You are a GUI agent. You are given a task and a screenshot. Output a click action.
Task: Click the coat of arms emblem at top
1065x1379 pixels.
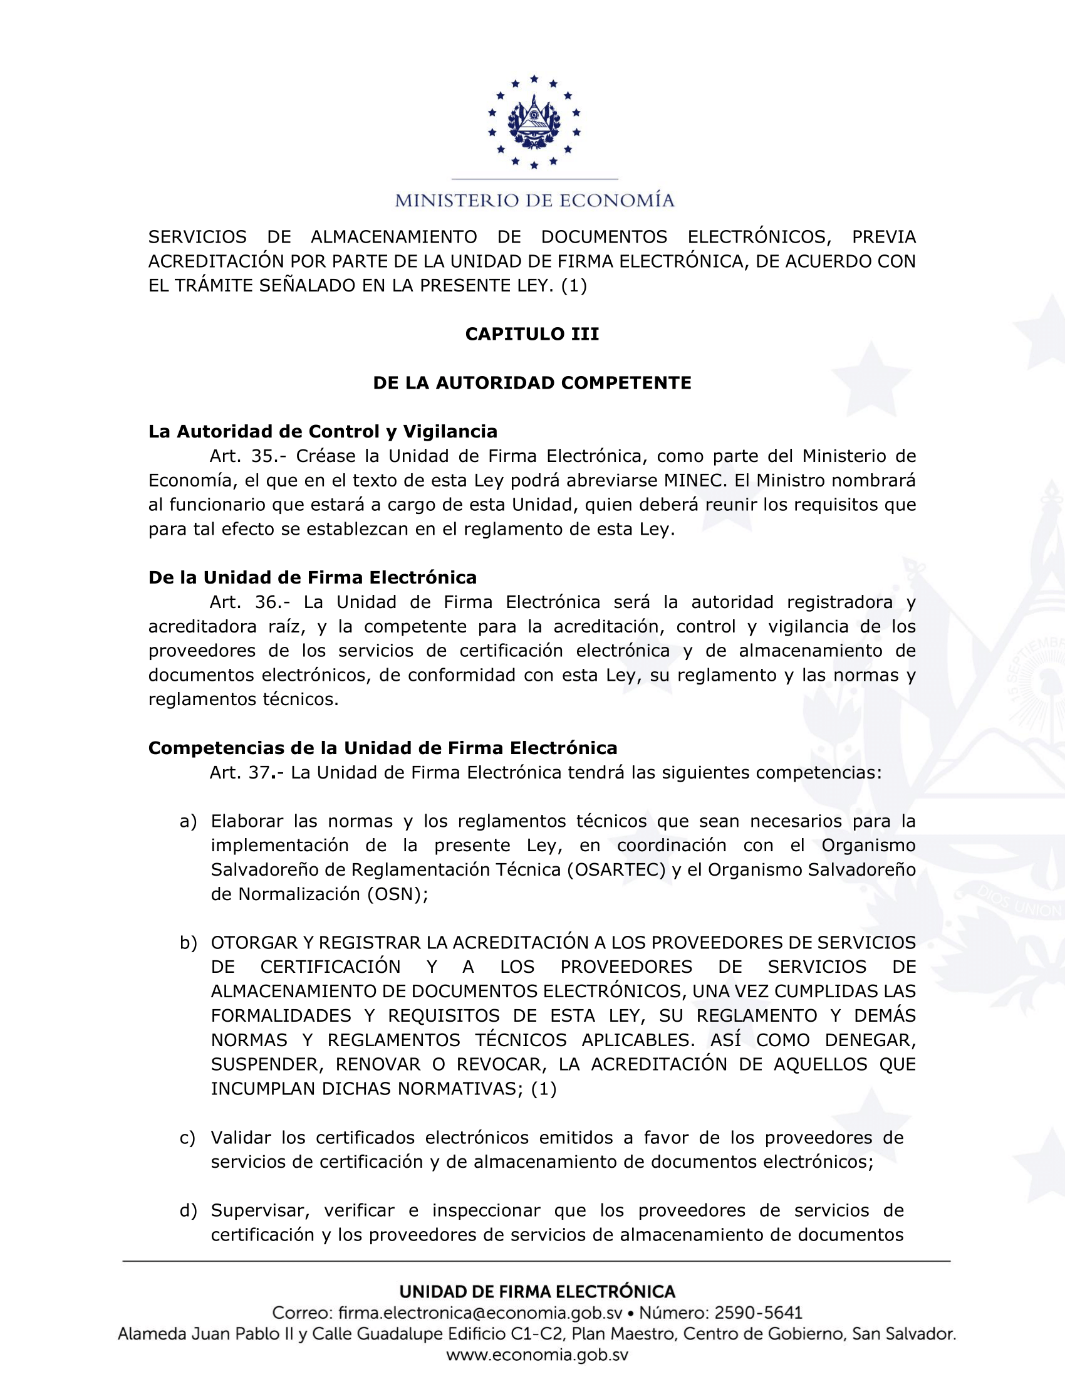tap(534, 122)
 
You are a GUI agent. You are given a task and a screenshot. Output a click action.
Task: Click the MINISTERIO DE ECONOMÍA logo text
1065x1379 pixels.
tap(534, 201)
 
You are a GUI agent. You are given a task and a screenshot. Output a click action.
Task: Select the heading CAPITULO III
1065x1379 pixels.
tap(532, 334)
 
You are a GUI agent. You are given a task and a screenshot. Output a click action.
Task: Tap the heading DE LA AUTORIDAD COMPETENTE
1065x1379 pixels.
tap(532, 383)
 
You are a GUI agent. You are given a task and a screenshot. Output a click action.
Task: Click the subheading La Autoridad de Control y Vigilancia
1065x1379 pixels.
tap(323, 432)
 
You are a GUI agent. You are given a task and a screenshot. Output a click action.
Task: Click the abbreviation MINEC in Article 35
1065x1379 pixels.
tap(692, 481)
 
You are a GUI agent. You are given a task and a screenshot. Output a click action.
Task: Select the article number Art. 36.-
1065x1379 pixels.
tap(249, 602)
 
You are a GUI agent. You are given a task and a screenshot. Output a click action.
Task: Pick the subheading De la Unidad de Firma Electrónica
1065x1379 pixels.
tap(313, 578)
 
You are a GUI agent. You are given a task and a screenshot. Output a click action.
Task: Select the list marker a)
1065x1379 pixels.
tap(188, 822)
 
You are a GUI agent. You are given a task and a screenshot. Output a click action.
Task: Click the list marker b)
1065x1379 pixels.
tap(188, 943)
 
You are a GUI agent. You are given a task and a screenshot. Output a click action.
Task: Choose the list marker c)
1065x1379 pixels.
tap(187, 1138)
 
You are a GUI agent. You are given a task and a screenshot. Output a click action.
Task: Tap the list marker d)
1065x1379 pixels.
tap(188, 1210)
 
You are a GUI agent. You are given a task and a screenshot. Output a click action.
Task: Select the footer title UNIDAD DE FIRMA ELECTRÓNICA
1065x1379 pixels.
tap(537, 1292)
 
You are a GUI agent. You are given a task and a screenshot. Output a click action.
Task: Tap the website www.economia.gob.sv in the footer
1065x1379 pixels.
tap(537, 1356)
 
